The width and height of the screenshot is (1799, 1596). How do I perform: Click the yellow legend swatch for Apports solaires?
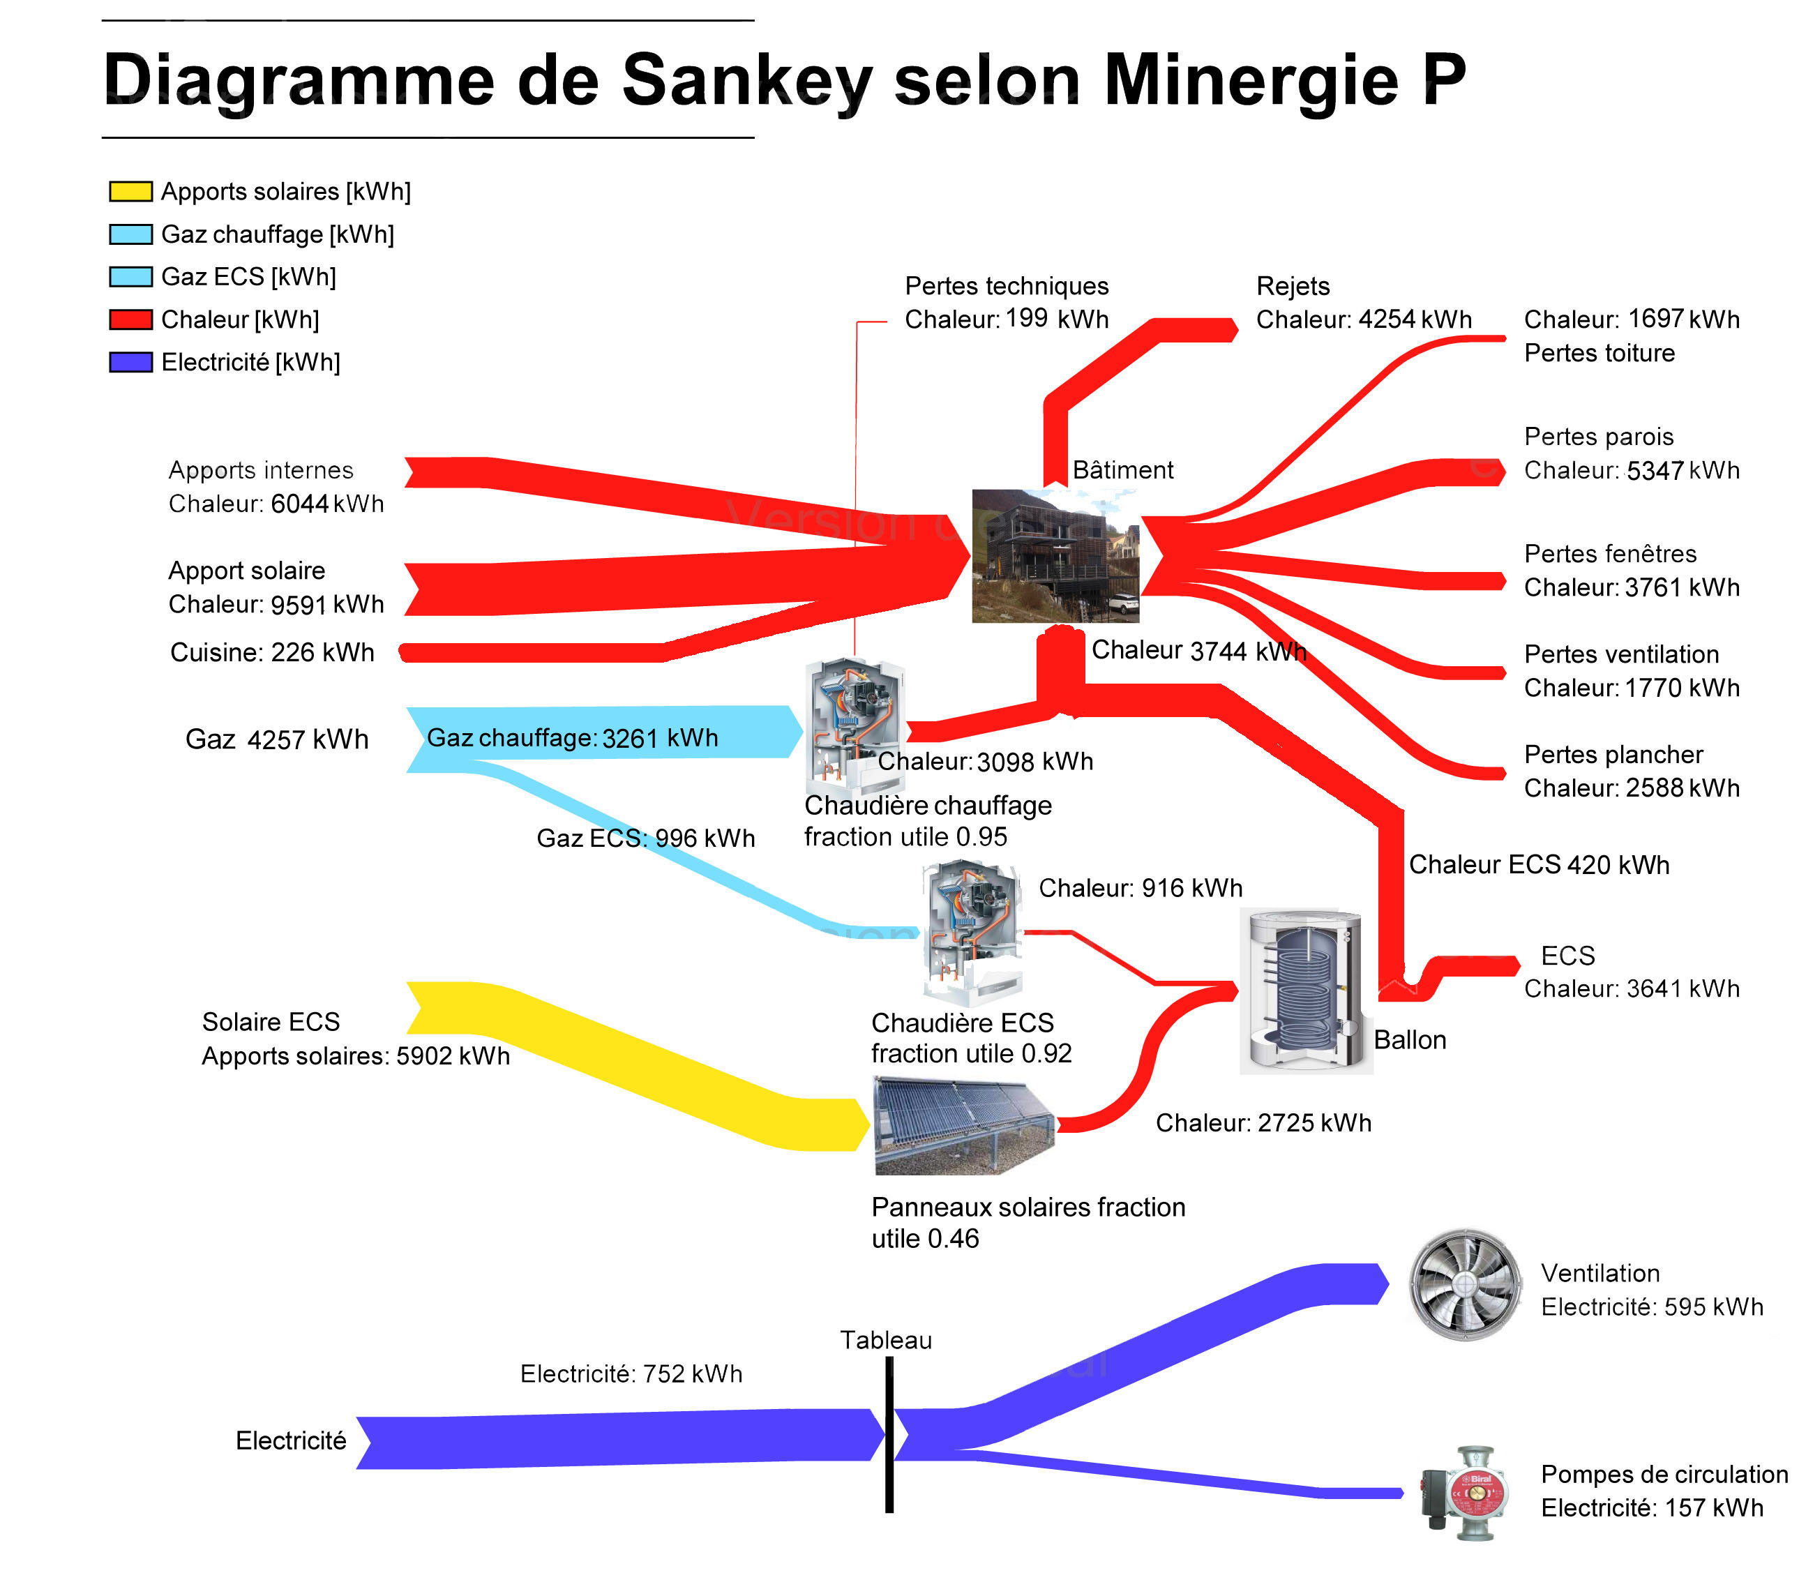[x=130, y=191]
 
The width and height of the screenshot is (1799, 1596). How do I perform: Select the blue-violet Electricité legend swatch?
[x=130, y=362]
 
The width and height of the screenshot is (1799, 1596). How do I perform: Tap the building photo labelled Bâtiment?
[x=1055, y=555]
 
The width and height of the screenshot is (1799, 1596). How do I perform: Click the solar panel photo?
[x=965, y=1126]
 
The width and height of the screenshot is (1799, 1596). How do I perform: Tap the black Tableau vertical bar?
[x=889, y=1434]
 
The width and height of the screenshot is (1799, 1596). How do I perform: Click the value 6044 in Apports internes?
[x=299, y=504]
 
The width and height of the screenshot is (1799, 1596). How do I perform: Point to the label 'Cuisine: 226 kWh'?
[x=272, y=652]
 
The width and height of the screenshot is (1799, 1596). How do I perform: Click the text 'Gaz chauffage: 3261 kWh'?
[x=572, y=738]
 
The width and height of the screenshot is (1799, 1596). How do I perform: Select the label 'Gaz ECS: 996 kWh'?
[x=646, y=838]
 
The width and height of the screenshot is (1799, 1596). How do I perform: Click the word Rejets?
[x=1292, y=286]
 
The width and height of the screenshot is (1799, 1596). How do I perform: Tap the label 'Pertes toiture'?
[x=1599, y=353]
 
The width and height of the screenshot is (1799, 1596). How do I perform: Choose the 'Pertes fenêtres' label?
[x=1610, y=554]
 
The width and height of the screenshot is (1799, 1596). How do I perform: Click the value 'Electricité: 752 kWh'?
[x=631, y=1373]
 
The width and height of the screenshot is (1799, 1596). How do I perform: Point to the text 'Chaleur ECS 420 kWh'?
[x=1539, y=864]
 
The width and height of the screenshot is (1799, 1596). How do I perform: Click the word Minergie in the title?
[x=1251, y=81]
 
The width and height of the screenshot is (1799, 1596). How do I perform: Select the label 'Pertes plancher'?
[x=1613, y=755]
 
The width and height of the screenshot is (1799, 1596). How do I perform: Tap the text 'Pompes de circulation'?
[x=1664, y=1474]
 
